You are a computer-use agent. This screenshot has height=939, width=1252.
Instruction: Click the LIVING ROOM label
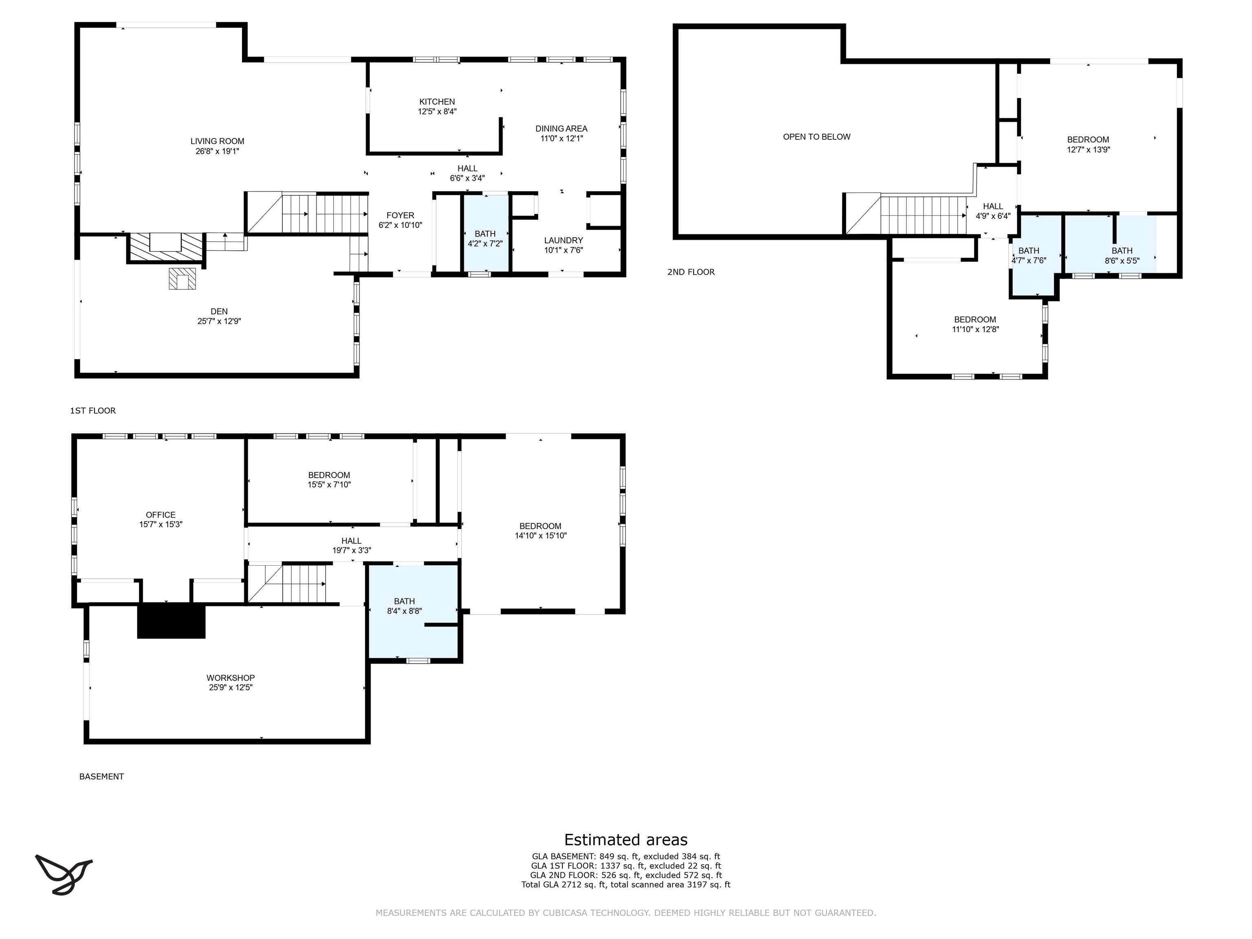[x=217, y=141]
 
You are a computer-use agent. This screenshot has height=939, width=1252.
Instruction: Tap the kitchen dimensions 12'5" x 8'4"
[x=437, y=112]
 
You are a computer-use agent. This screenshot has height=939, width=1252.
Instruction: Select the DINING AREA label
[x=562, y=128]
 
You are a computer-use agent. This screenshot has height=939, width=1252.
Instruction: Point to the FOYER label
[x=400, y=215]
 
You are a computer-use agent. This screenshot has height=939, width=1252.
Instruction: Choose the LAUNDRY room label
[x=564, y=240]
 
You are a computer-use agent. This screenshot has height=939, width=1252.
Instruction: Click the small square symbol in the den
[x=182, y=278]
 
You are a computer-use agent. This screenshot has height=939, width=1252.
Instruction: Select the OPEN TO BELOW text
[x=817, y=137]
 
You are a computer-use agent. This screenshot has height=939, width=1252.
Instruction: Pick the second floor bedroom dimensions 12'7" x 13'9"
[x=1088, y=150]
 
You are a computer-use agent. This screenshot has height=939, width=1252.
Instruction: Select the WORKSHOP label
[x=230, y=677]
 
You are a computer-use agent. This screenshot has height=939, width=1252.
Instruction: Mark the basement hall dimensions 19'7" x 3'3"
[x=351, y=550]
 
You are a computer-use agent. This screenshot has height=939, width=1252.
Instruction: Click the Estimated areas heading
[x=626, y=840]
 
